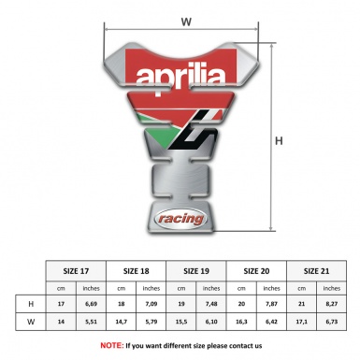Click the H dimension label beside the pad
click(278, 141)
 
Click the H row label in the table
click(32, 303)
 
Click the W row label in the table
click(32, 322)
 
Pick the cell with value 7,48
click(211, 303)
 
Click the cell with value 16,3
click(241, 322)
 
